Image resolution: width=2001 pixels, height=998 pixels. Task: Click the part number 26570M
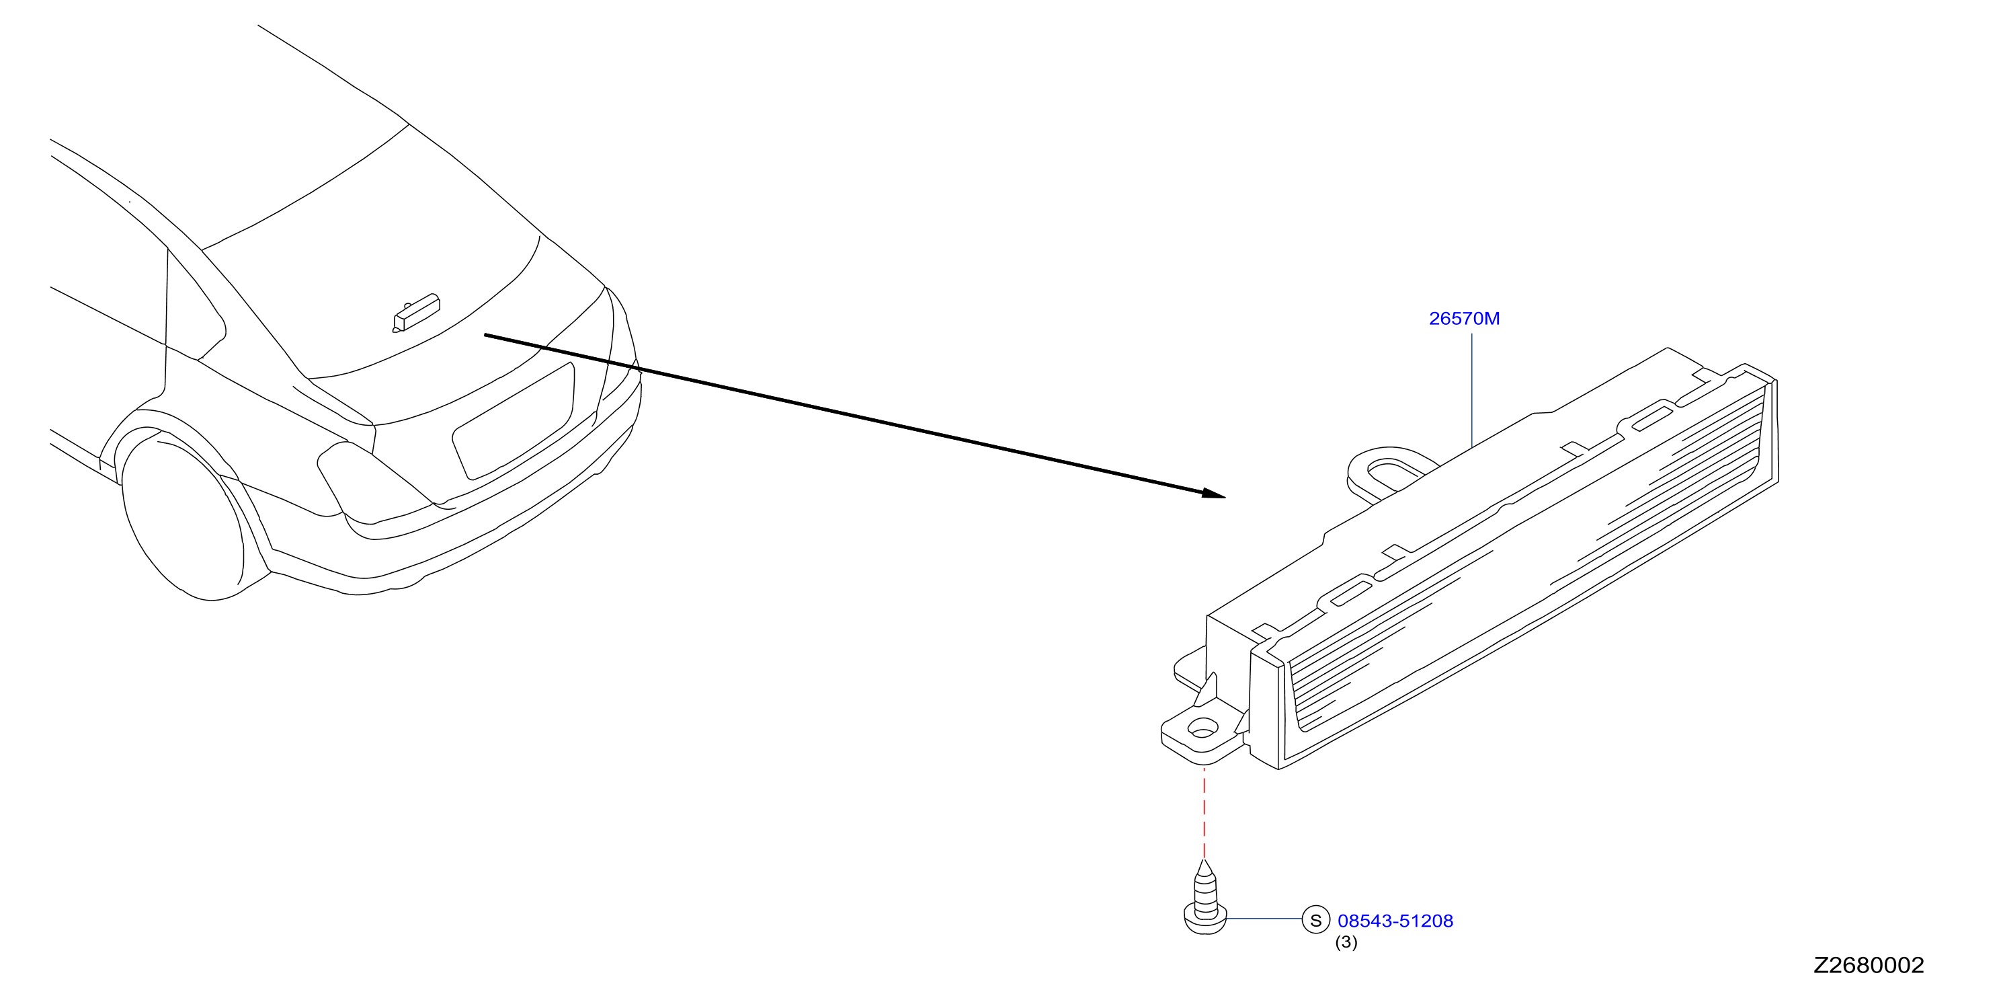(1464, 319)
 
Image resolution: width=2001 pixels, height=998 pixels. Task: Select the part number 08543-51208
(1395, 921)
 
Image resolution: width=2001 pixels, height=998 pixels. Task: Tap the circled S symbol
(1316, 920)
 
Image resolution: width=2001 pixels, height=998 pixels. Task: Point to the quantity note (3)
(1346, 943)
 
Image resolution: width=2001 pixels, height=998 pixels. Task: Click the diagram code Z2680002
(1869, 965)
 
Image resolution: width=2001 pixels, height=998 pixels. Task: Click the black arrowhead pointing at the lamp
(1213, 494)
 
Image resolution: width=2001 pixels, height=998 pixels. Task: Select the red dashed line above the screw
(1204, 812)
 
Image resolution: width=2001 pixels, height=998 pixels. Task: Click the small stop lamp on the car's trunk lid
(416, 313)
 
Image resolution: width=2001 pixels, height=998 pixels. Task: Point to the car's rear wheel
(183, 517)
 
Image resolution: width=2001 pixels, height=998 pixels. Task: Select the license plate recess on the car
(514, 420)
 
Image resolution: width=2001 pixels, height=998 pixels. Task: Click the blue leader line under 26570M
(1472, 391)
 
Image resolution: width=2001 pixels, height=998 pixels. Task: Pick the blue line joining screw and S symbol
(1264, 919)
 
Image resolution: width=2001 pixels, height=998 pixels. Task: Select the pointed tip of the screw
(1204, 860)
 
